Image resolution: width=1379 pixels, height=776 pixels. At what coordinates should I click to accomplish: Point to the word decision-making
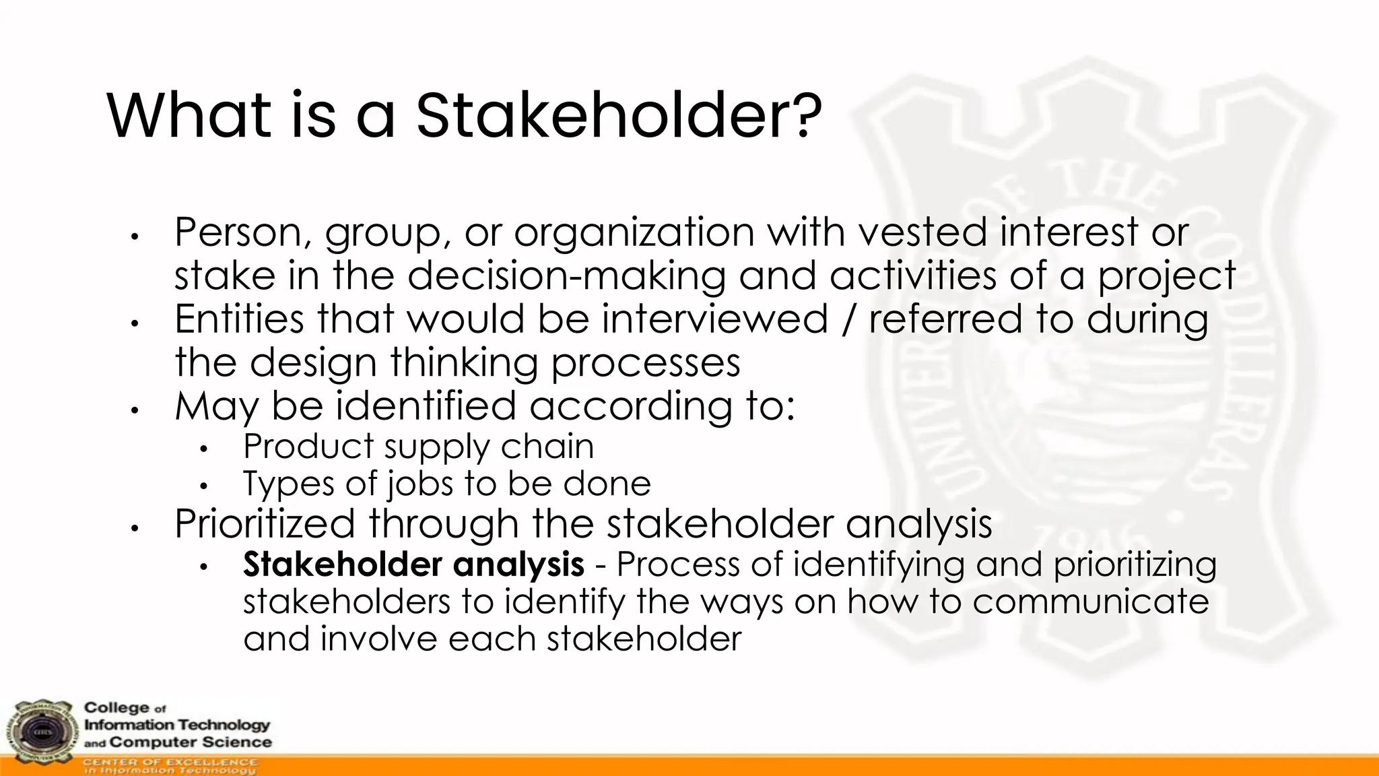click(567, 276)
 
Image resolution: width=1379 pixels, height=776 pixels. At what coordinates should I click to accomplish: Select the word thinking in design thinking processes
click(464, 363)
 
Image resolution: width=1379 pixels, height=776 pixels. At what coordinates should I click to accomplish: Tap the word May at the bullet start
click(217, 407)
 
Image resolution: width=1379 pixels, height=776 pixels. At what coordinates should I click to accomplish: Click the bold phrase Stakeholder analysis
click(413, 564)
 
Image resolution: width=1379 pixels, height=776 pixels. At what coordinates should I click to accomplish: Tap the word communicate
click(1090, 601)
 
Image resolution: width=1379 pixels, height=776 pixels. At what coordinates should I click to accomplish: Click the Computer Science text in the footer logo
click(191, 742)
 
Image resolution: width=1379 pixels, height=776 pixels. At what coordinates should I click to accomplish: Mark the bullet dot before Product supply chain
click(205, 449)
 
